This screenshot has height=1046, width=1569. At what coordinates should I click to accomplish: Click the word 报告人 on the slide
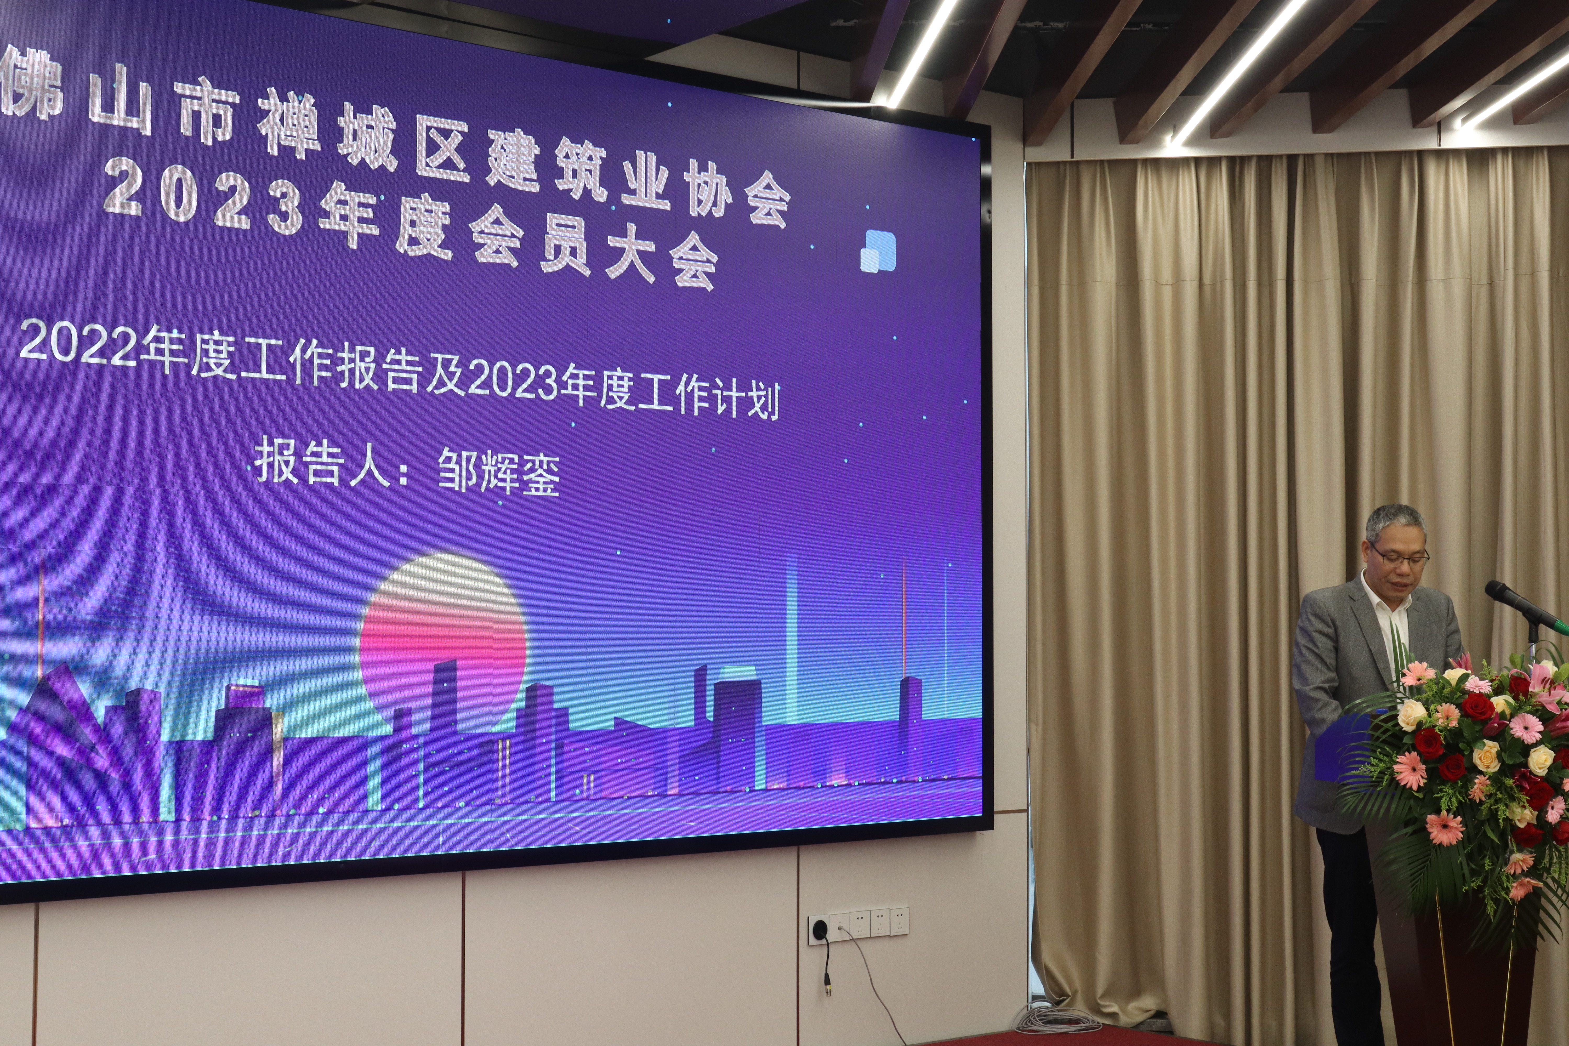tap(322, 462)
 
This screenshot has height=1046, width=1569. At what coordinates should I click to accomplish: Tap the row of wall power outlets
tap(859, 925)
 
